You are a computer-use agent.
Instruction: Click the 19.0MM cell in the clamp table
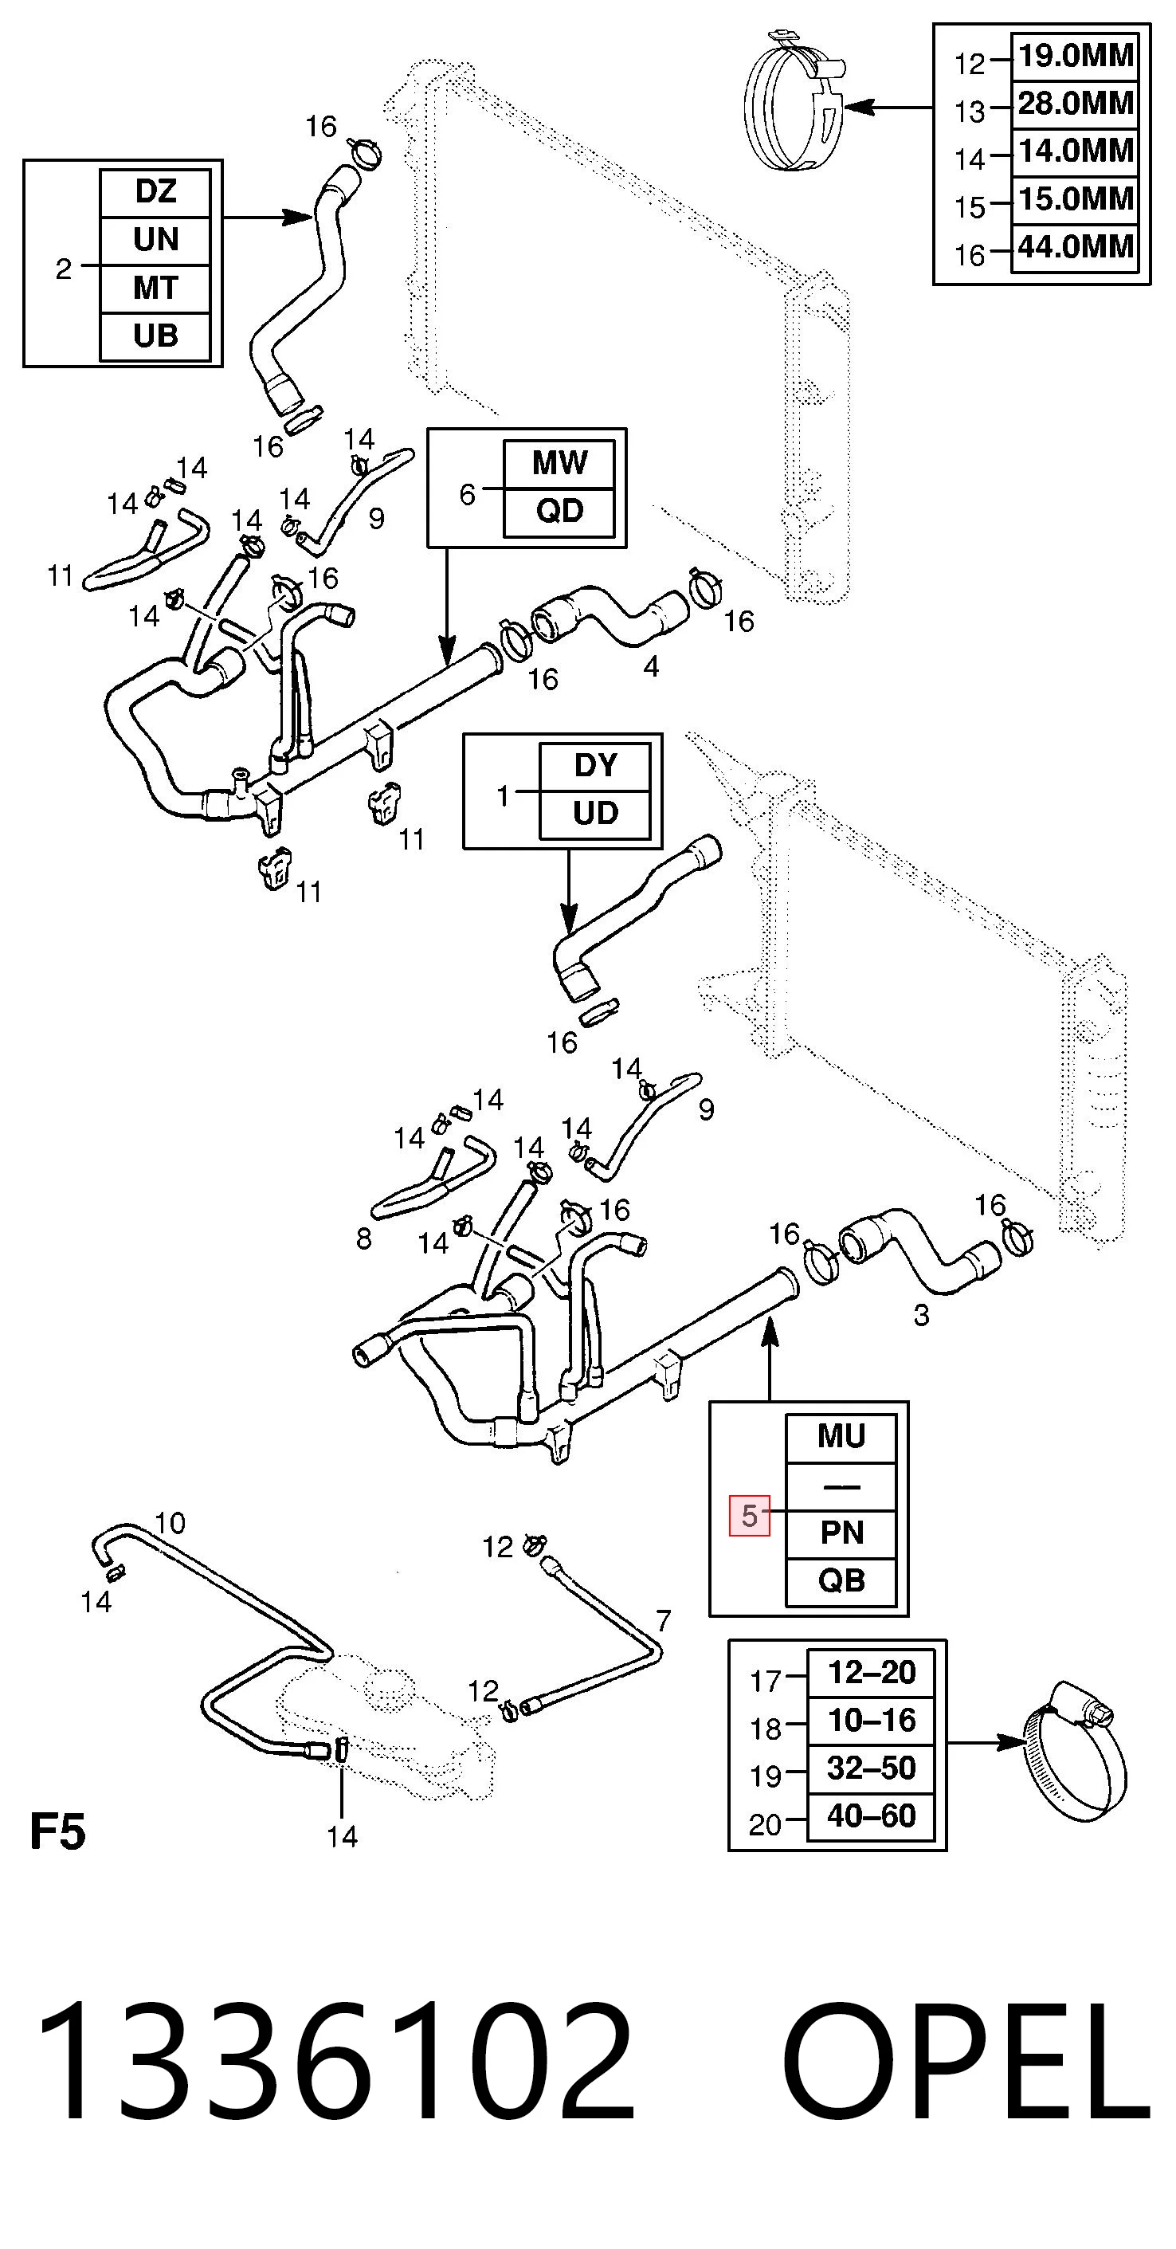pyautogui.click(x=1075, y=57)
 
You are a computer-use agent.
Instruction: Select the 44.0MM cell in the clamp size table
pyautogui.click(x=1075, y=249)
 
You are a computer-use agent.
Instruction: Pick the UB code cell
pyautogui.click(x=155, y=337)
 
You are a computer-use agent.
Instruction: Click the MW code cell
pyautogui.click(x=559, y=465)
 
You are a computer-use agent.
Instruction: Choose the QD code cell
pyautogui.click(x=559, y=512)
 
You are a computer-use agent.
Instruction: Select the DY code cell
pyautogui.click(x=595, y=767)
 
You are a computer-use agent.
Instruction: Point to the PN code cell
pyautogui.click(x=841, y=1534)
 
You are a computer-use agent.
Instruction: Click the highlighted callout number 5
pyautogui.click(x=749, y=1516)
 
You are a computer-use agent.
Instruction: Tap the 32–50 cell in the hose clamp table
pyautogui.click(x=872, y=1768)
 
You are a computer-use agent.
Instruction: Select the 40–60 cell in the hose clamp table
pyautogui.click(x=872, y=1817)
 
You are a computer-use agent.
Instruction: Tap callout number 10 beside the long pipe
pyautogui.click(x=170, y=1524)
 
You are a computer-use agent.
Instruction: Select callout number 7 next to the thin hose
pyautogui.click(x=664, y=1621)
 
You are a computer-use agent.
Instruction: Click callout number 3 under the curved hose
pyautogui.click(x=921, y=1315)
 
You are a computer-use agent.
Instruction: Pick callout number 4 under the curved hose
pyautogui.click(x=650, y=667)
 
